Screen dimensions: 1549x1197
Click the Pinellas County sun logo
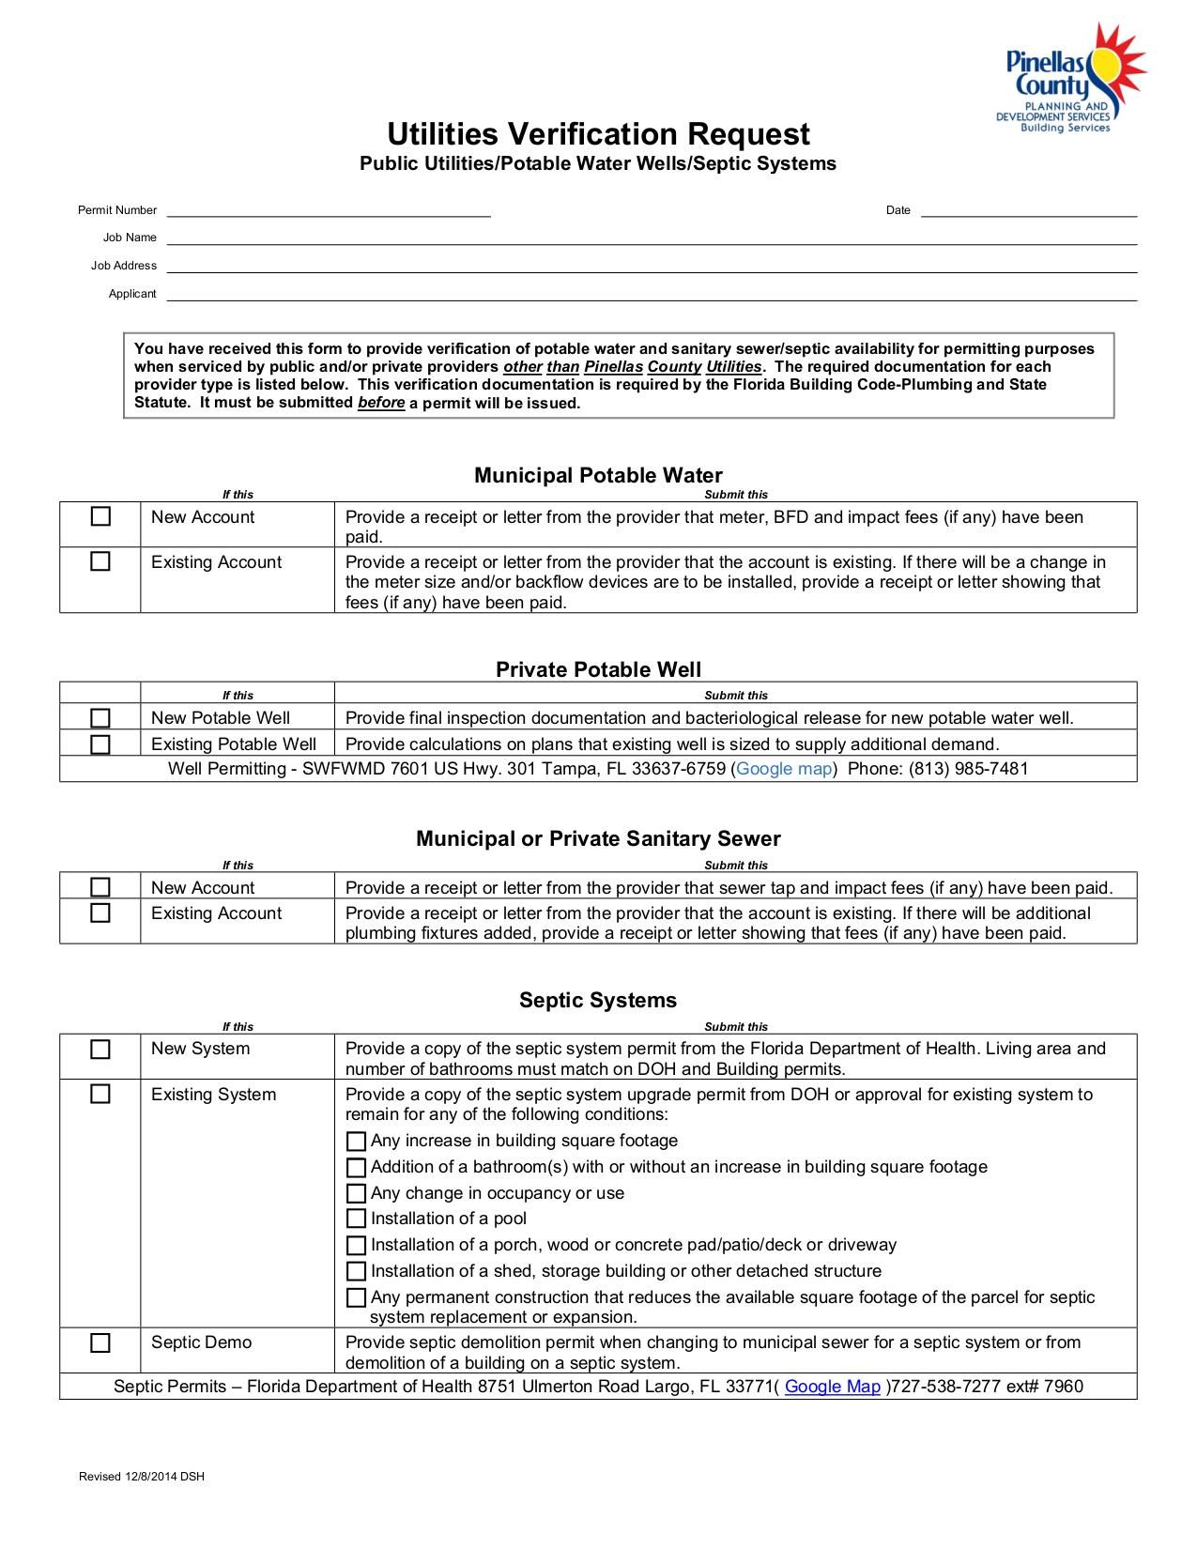pyautogui.click(x=1070, y=79)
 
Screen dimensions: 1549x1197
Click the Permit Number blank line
pyautogui.click(x=329, y=211)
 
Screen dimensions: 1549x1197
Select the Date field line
pyautogui.click(x=1028, y=211)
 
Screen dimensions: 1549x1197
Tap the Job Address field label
pyautogui.click(x=124, y=266)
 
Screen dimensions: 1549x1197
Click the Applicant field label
pyautogui.click(x=132, y=294)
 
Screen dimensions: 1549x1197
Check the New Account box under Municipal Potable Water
pyautogui.click(x=100, y=517)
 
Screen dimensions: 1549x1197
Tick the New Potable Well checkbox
pyautogui.click(x=100, y=718)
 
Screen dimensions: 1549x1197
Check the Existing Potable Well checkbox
pyautogui.click(x=100, y=744)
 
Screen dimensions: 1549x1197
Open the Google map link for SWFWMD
pyautogui.click(x=784, y=769)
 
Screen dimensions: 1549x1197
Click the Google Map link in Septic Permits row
pyautogui.click(x=832, y=1387)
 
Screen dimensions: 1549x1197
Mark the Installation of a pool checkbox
pyautogui.click(x=356, y=1219)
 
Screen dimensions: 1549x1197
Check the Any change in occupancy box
pyautogui.click(x=356, y=1193)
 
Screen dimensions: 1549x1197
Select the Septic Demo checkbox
pyautogui.click(x=100, y=1342)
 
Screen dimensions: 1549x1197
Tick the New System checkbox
pyautogui.click(x=100, y=1050)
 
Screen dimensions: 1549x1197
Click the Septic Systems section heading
pyautogui.click(x=598, y=1000)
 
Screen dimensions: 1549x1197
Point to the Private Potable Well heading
pyautogui.click(x=598, y=669)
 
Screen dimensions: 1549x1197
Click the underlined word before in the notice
pyautogui.click(x=381, y=403)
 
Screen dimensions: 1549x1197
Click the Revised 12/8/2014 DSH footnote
pyautogui.click(x=141, y=1477)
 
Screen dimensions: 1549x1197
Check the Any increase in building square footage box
pyautogui.click(x=356, y=1142)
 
